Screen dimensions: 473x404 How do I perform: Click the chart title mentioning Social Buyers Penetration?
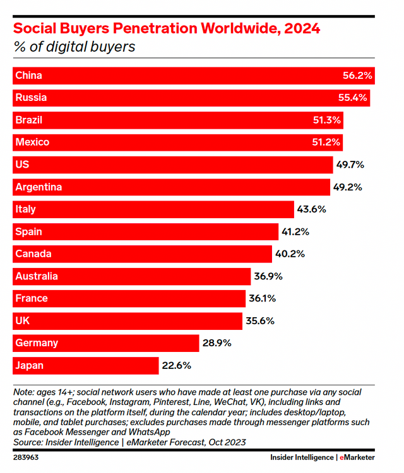point(167,28)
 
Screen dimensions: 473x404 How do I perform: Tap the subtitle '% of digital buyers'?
point(74,47)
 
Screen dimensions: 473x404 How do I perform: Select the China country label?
point(28,76)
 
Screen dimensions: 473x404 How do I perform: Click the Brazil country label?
point(28,120)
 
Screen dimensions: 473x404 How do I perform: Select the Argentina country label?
point(39,187)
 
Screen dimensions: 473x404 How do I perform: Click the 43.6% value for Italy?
point(312,209)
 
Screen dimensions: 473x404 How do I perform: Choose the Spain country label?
point(29,231)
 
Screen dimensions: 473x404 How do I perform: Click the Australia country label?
point(37,276)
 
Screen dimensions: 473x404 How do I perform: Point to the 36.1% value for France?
point(262,298)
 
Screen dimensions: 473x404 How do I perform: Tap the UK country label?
point(22,321)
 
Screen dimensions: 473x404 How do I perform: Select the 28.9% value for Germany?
point(216,343)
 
